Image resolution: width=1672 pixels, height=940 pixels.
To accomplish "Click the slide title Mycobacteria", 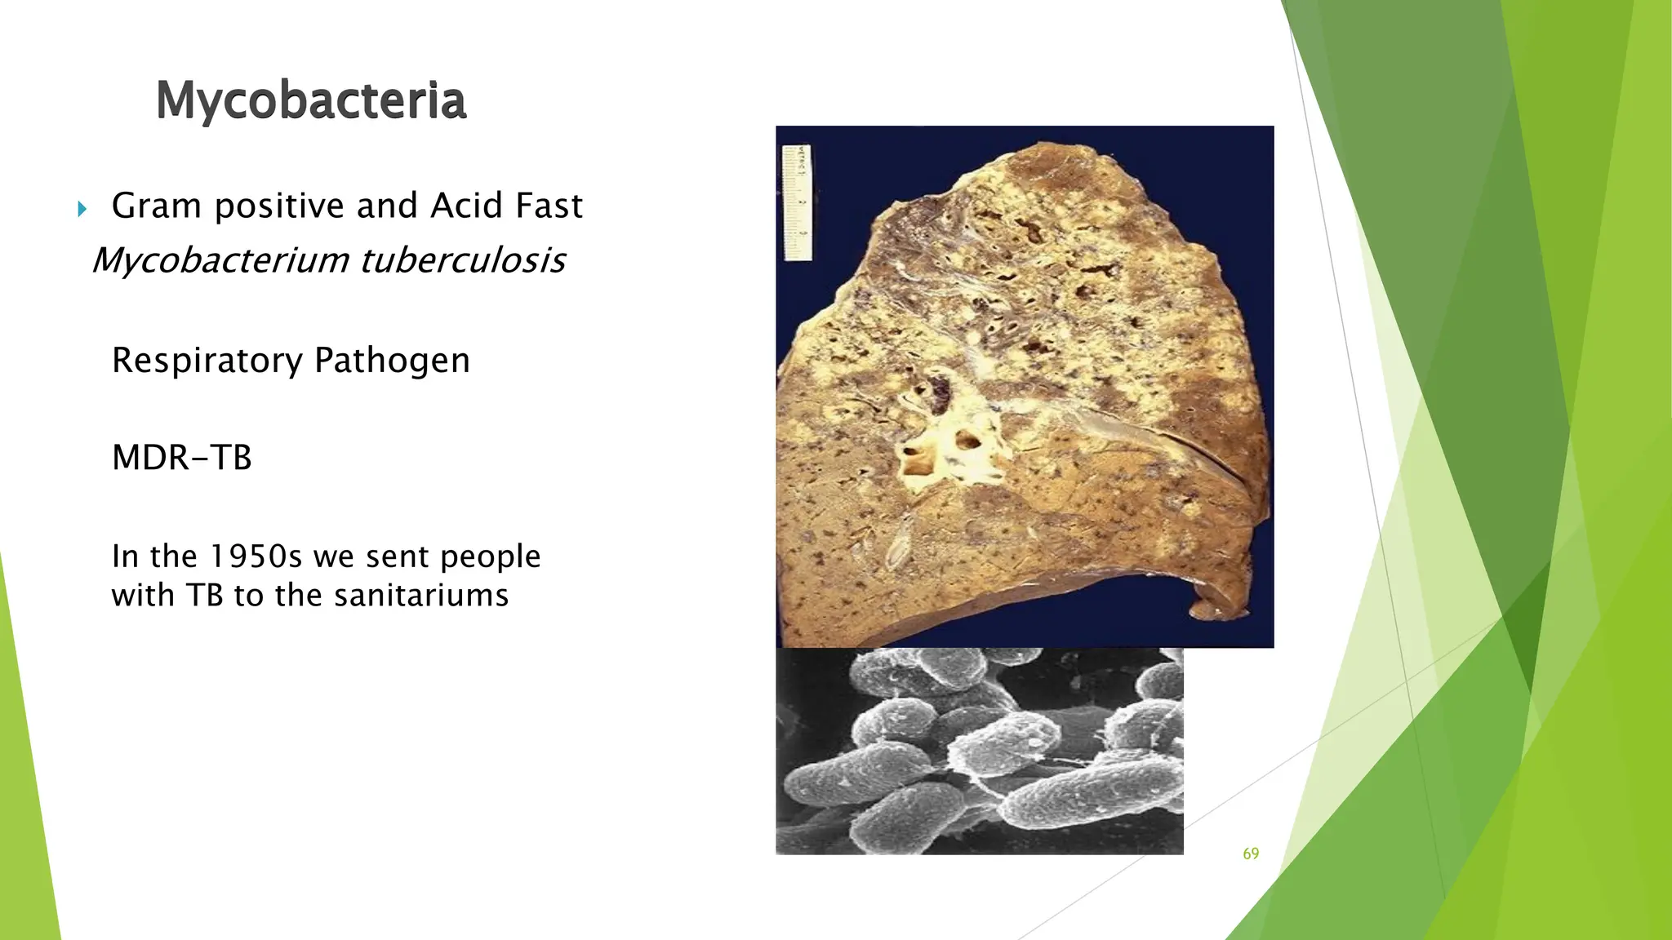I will point(310,100).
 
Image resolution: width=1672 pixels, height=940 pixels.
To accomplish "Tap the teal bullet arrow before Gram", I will point(82,210).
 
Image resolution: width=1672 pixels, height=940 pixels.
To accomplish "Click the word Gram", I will point(157,206).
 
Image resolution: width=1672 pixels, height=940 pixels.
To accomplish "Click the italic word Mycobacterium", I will point(220,261).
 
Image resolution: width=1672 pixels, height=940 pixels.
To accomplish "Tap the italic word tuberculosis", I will point(462,261).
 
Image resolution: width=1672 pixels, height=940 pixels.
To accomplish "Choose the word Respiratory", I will point(207,361).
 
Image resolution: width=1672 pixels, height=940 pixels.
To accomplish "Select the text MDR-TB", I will point(181,458).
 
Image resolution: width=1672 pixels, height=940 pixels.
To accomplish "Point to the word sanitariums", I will point(421,596).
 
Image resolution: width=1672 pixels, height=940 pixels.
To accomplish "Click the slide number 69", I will point(1251,854).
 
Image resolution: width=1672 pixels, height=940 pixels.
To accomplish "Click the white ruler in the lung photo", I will point(798,202).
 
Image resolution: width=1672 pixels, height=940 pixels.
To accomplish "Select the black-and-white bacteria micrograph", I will point(979,751).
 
